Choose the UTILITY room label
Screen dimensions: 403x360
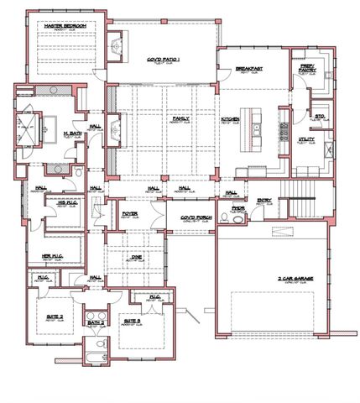[306, 139]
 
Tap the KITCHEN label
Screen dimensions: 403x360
[231, 119]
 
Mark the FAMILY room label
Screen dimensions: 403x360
[180, 119]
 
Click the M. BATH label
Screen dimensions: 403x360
[72, 131]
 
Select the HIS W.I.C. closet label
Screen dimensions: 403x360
[56, 201]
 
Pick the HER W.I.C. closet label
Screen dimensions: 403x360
[52, 258]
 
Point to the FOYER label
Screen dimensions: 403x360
[130, 213]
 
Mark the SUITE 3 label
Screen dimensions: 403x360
[131, 321]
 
